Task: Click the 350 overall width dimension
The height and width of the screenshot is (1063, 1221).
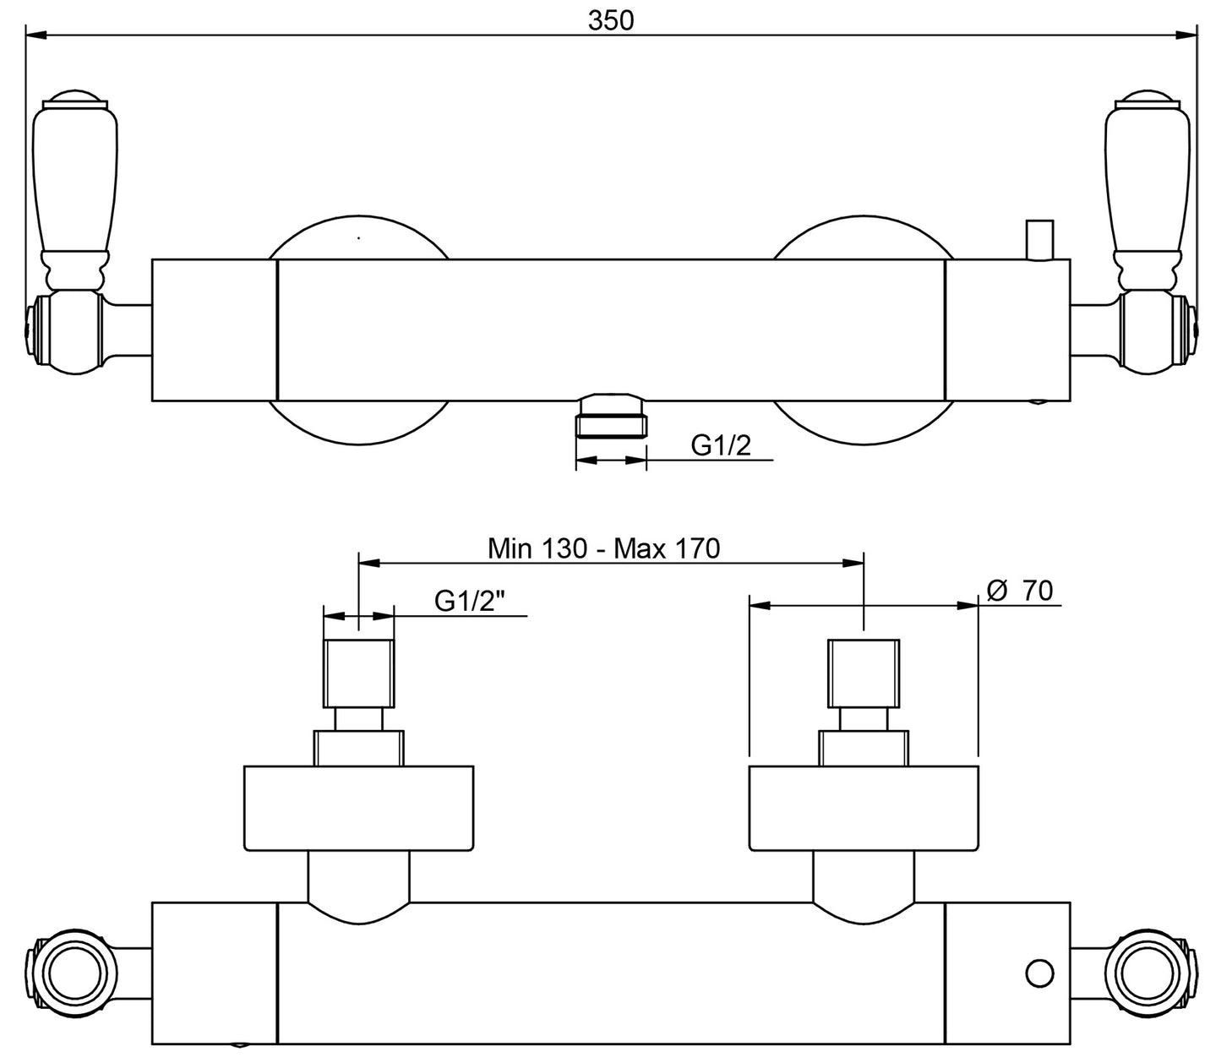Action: pos(610,20)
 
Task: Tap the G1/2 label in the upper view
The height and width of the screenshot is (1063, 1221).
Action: pos(721,445)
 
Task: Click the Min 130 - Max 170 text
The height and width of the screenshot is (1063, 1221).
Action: pos(603,549)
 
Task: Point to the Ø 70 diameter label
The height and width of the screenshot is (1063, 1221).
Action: pos(1020,591)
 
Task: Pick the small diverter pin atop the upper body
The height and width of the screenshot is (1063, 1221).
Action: pos(1038,240)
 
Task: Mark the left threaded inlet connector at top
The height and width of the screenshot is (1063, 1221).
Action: pos(359,673)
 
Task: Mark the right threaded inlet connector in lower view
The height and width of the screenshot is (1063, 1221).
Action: pos(863,673)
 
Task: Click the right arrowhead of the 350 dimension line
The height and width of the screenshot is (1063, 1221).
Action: pos(1188,35)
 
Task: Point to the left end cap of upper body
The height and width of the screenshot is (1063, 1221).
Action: pos(215,330)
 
